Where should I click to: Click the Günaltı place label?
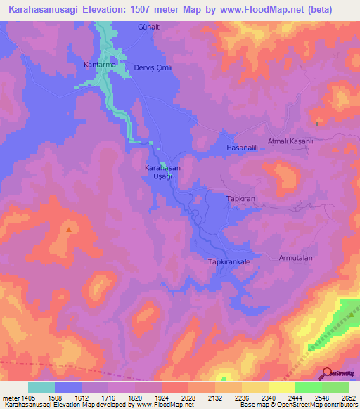click(150, 26)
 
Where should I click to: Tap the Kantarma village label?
click(98, 65)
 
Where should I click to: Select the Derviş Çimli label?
click(153, 67)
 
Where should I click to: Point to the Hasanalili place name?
click(243, 148)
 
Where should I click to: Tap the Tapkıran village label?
click(239, 199)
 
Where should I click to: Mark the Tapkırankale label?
click(229, 261)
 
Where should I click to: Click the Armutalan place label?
click(295, 258)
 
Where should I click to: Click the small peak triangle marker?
click(69, 228)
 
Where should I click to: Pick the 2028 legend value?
click(188, 397)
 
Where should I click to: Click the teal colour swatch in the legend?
click(41, 387)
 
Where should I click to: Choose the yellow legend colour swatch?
click(281, 387)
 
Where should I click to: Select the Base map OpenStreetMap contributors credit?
click(297, 405)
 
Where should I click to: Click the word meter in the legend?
click(10, 397)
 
